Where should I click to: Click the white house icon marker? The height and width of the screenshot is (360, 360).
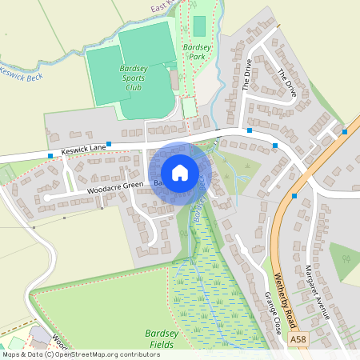click(x=180, y=172)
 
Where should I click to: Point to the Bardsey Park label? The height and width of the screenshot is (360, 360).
click(x=198, y=53)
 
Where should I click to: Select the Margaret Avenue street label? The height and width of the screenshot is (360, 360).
click(x=318, y=292)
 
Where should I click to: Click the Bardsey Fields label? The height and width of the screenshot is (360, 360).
click(x=162, y=339)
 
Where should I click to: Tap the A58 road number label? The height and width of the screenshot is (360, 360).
click(x=298, y=339)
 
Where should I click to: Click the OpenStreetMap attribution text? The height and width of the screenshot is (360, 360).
click(x=80, y=354)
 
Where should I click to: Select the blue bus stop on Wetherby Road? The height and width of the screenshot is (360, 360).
click(x=295, y=195)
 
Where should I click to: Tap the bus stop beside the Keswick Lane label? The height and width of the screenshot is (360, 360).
click(x=50, y=155)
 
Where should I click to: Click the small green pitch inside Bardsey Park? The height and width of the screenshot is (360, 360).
click(x=199, y=26)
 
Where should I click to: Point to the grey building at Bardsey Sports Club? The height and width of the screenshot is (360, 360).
click(x=174, y=78)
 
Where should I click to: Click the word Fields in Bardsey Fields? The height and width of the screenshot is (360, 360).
click(x=162, y=345)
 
